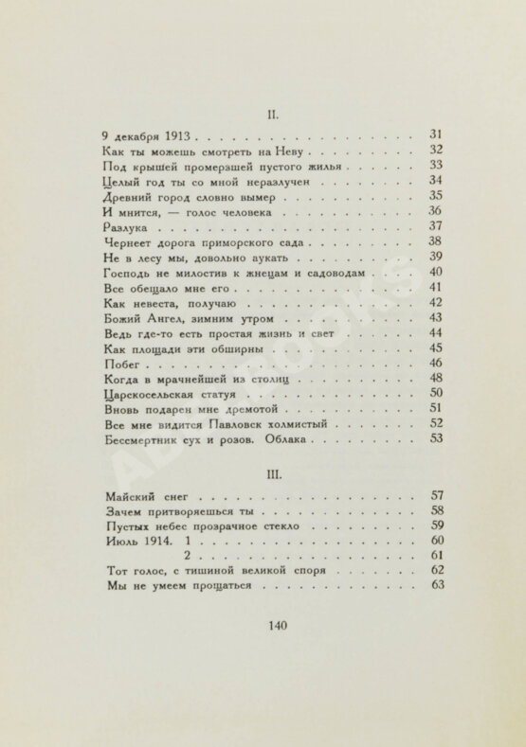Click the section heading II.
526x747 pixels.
[272, 113]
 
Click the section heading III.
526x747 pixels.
[272, 470]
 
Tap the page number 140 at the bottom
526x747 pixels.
[273, 624]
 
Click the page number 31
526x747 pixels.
[436, 134]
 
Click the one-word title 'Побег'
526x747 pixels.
[122, 363]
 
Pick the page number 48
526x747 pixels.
[436, 378]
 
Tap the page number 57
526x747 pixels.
[437, 494]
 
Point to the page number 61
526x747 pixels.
[437, 555]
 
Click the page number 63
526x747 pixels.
[437, 585]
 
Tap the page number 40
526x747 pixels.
[436, 273]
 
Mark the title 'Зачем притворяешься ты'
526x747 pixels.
[172, 509]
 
